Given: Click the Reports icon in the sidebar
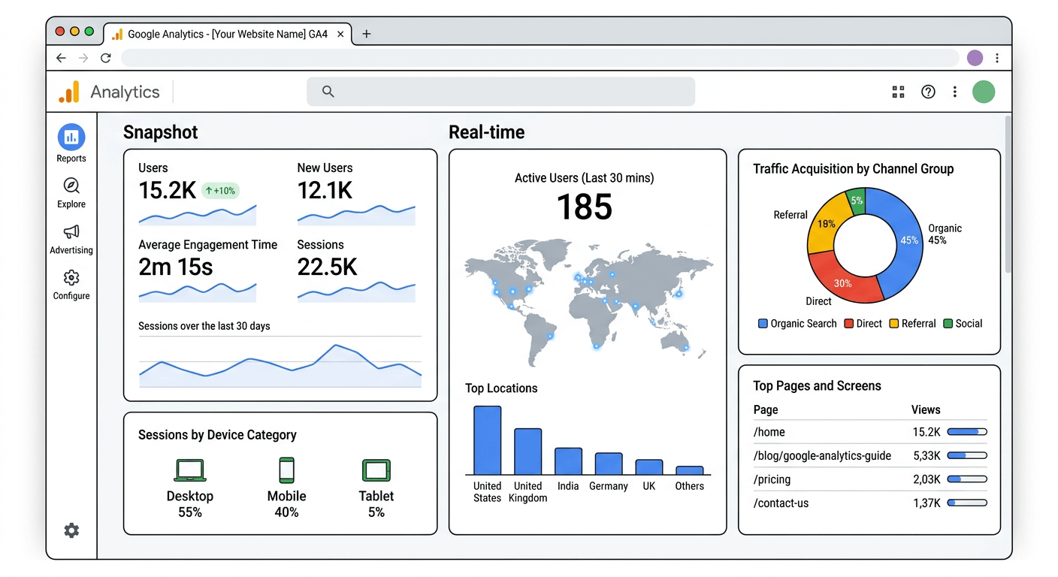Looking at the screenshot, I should (71, 137).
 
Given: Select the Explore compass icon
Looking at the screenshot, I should (71, 186).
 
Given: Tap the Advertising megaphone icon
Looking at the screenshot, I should (71, 231).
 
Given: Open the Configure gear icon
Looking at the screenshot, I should (71, 278).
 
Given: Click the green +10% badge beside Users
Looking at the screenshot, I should (220, 191).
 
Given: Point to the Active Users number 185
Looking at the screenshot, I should (584, 207).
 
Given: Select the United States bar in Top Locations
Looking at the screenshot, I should (487, 440).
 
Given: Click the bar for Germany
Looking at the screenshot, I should (609, 464).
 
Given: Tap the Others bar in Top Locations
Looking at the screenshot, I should (689, 470).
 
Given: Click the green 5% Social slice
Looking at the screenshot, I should (857, 201).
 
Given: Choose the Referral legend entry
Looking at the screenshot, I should (912, 324).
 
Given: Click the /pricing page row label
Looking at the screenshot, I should (772, 479).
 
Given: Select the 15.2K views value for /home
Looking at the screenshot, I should (927, 432).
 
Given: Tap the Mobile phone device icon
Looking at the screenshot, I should (286, 470).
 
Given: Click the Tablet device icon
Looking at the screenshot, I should (376, 470).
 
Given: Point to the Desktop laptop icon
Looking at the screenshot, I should (190, 470).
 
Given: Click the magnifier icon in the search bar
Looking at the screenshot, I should (328, 92).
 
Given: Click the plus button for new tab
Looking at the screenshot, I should (367, 34).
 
